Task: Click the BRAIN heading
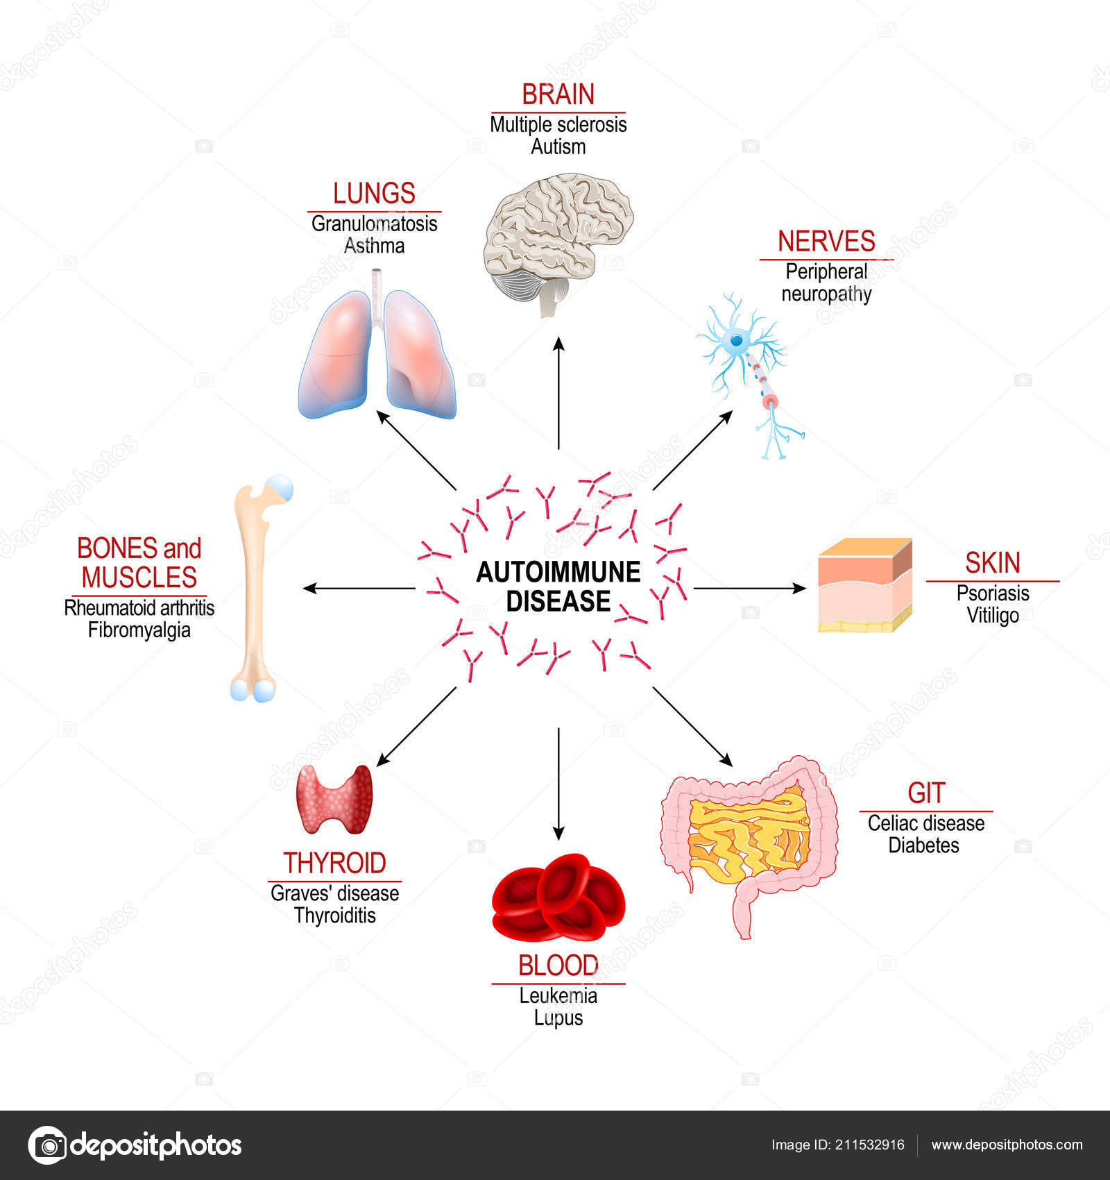[558, 94]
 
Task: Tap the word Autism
[558, 147]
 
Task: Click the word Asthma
[374, 246]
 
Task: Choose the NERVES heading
[826, 242]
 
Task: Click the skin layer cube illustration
[865, 585]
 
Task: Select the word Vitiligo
[993, 616]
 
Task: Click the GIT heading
[925, 793]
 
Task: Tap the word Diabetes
[924, 845]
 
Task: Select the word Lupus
[558, 1018]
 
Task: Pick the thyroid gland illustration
[334, 799]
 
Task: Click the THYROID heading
[334, 863]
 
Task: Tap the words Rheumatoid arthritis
[139, 608]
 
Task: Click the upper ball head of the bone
[279, 488]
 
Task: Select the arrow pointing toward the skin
[749, 588]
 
